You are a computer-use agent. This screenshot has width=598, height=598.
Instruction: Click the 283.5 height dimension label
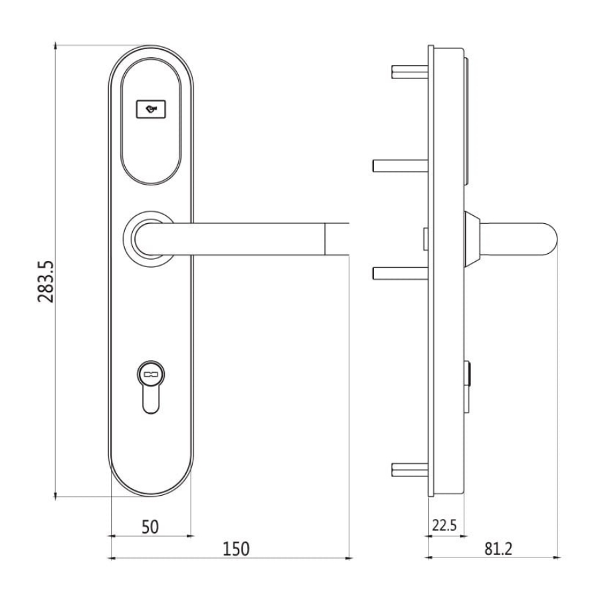coord(46,282)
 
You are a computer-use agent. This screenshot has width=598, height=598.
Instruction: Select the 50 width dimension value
coord(150,527)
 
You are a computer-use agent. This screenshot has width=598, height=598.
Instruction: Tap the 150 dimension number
coord(236,549)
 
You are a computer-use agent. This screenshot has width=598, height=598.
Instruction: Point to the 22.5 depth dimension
coord(445,525)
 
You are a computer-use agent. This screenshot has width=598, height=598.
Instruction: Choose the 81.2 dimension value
coord(498,549)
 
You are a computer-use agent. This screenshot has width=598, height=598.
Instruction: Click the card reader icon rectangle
coord(151,109)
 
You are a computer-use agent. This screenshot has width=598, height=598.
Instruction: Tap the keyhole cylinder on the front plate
coord(151,387)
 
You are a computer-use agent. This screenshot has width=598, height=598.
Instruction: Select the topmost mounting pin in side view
coord(410,72)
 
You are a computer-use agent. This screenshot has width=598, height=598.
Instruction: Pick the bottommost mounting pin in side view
coord(410,470)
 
